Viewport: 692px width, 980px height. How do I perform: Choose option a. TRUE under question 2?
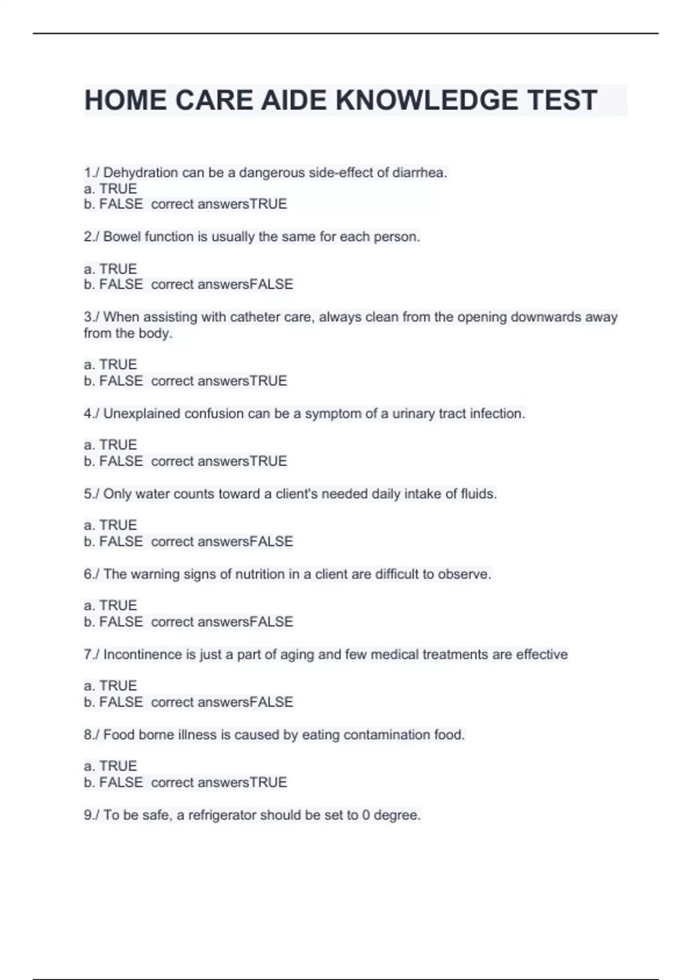click(x=110, y=269)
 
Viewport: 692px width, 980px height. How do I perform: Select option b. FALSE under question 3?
click(x=113, y=381)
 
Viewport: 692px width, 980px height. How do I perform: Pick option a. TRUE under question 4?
click(x=110, y=445)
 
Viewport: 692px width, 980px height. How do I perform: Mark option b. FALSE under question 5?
click(x=113, y=542)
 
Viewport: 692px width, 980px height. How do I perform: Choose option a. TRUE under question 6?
click(x=110, y=605)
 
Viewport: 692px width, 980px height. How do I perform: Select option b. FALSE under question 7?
click(x=113, y=702)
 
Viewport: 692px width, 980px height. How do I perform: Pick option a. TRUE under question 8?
click(x=110, y=766)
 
